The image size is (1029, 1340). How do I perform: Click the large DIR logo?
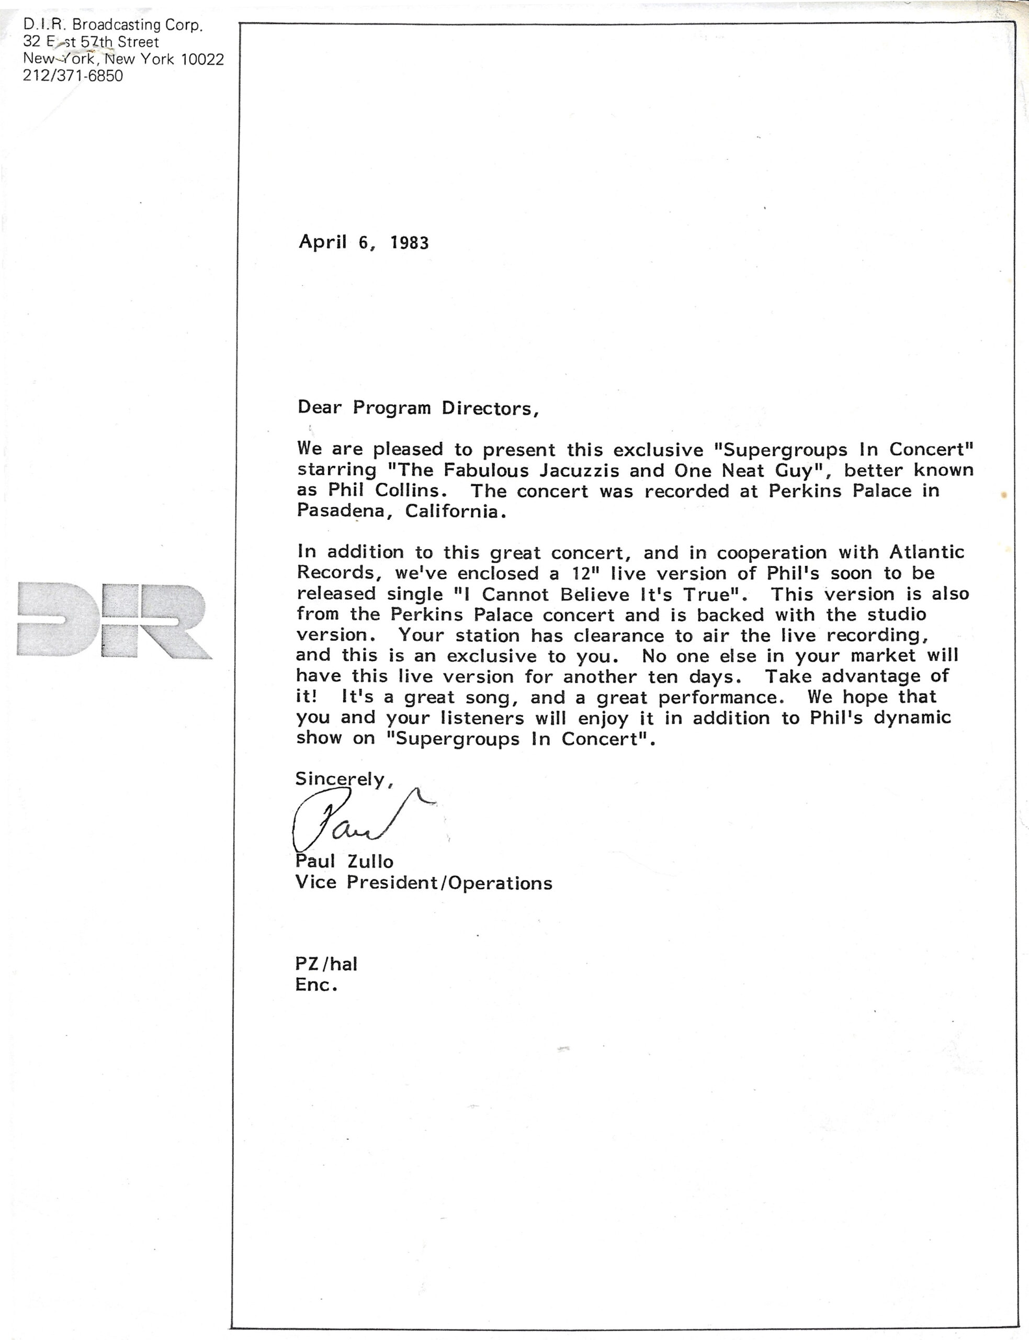click(114, 620)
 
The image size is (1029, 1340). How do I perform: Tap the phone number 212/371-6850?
click(73, 76)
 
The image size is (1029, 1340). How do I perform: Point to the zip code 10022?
click(202, 60)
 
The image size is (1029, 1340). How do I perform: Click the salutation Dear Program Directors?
click(418, 408)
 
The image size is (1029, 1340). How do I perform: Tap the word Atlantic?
click(926, 552)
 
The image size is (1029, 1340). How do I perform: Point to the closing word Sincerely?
click(341, 779)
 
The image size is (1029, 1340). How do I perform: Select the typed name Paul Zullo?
click(344, 862)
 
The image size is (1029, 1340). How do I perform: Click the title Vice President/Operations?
click(423, 883)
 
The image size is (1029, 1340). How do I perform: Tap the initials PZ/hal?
click(326, 964)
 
